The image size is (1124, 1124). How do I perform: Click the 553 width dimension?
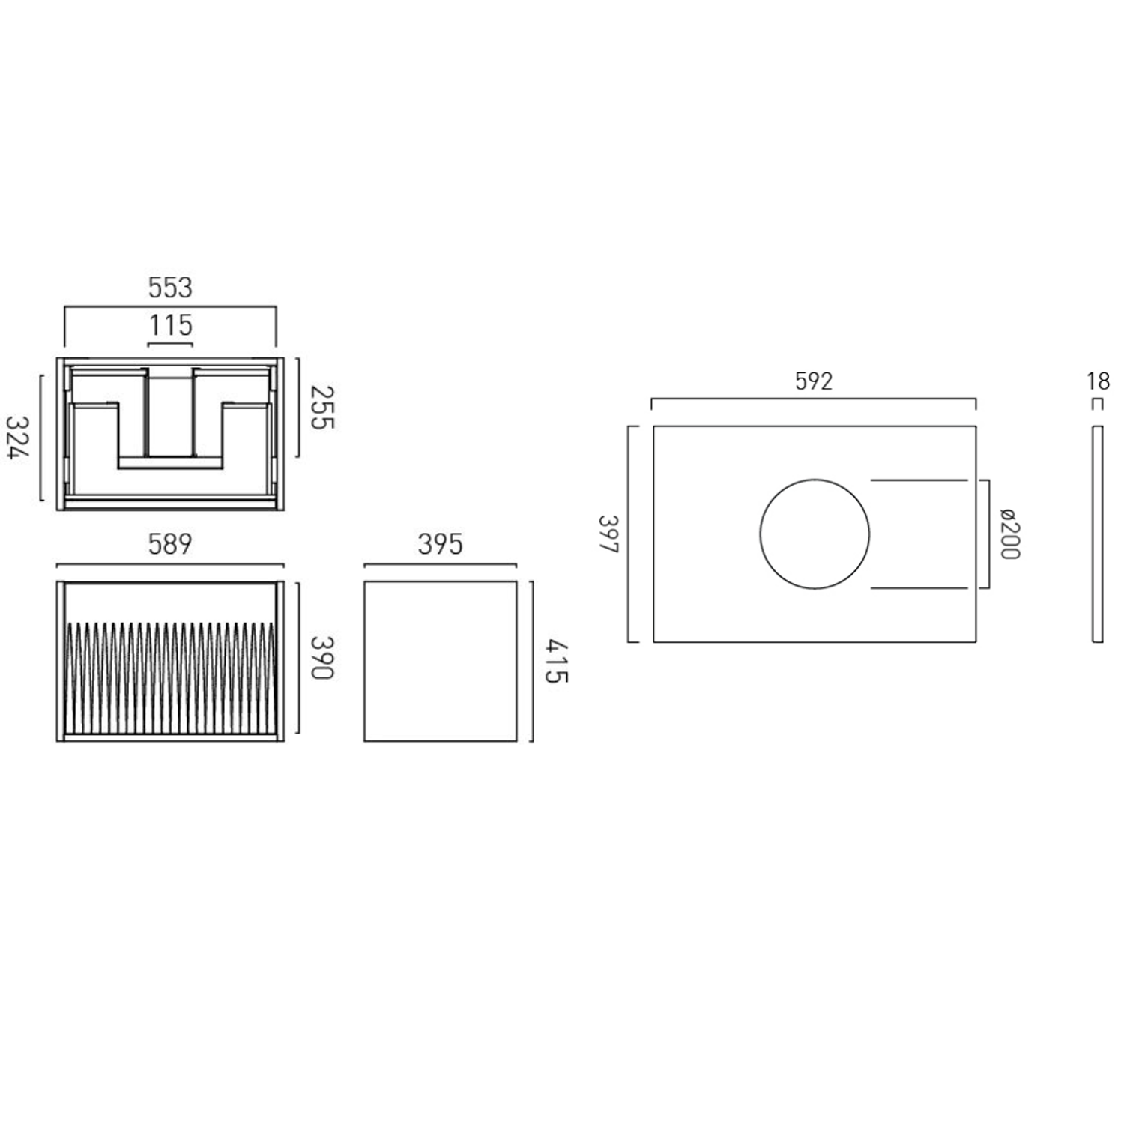(x=170, y=288)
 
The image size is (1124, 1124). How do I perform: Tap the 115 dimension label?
(x=171, y=326)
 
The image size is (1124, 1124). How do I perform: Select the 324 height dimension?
(x=18, y=438)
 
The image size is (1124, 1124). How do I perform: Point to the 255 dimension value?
(x=322, y=408)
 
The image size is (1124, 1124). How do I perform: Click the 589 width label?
(x=170, y=544)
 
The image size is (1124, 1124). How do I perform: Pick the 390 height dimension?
(x=322, y=658)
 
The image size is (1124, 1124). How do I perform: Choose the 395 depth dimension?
(x=441, y=544)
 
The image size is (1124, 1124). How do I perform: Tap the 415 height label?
(x=557, y=662)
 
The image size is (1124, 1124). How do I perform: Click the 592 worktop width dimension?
(x=814, y=382)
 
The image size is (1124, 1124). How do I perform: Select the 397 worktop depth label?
(x=608, y=534)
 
